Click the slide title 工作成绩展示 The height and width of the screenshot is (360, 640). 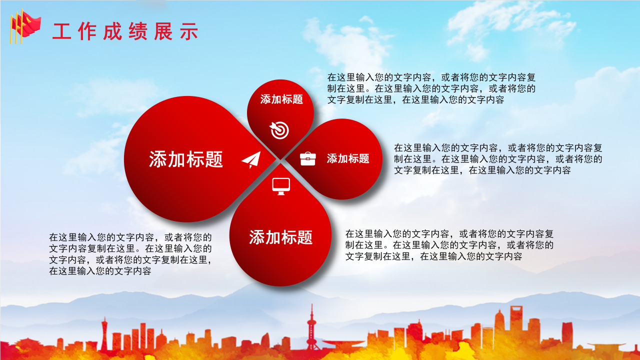[125, 31]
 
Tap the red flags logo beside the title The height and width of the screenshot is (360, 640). [24, 25]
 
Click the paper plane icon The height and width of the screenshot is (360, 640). [251, 159]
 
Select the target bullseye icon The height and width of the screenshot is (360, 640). [279, 129]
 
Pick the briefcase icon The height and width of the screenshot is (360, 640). [307, 158]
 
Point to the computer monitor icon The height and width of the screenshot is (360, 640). [281, 186]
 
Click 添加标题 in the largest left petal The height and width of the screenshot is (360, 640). [186, 159]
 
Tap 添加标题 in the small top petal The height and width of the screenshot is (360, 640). [281, 99]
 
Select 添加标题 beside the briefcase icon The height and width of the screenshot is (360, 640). [348, 158]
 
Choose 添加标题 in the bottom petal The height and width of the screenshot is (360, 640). [280, 237]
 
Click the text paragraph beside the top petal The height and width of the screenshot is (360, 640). [431, 88]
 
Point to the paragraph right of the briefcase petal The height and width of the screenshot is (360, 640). [498, 159]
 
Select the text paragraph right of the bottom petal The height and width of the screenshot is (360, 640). [449, 245]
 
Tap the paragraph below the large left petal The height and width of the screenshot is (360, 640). [130, 254]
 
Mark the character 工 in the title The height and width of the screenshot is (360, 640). [61, 31]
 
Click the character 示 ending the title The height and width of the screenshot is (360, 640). [189, 31]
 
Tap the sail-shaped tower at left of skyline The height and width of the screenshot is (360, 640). [104, 332]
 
